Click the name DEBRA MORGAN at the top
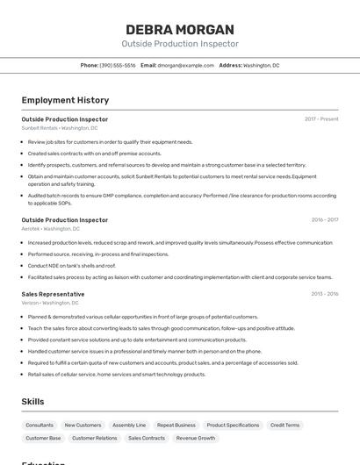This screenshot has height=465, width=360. point(179,29)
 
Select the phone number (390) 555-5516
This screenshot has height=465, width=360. point(118,65)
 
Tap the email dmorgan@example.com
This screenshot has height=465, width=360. point(186,65)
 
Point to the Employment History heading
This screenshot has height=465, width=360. point(65,100)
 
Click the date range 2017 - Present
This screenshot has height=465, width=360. point(321,119)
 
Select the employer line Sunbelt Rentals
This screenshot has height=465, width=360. point(60,128)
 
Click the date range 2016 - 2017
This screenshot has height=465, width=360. point(324,220)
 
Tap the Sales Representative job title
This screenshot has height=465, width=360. point(54,294)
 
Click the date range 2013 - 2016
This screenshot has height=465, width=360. point(324,294)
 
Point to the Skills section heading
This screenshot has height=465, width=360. point(33,401)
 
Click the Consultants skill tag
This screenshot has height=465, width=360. point(40,425)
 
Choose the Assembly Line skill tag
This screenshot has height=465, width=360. point(129,425)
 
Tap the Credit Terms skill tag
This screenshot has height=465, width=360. point(284,425)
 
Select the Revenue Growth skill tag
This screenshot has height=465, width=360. point(195,438)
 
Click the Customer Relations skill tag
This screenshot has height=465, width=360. point(94,438)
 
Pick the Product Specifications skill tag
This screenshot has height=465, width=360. point(233,425)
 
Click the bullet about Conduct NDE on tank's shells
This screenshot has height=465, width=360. point(72,265)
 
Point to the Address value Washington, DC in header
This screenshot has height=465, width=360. point(262,65)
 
